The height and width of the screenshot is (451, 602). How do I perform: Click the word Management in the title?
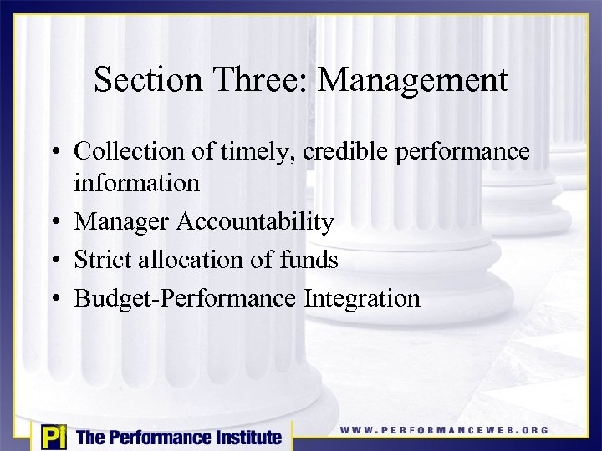coord(413,81)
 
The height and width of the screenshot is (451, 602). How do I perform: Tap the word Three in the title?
coord(258,80)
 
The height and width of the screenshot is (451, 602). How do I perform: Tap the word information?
coord(136,182)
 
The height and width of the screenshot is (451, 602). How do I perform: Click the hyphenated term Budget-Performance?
coord(186,298)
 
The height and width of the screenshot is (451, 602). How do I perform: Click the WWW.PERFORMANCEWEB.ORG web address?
coord(444,430)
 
